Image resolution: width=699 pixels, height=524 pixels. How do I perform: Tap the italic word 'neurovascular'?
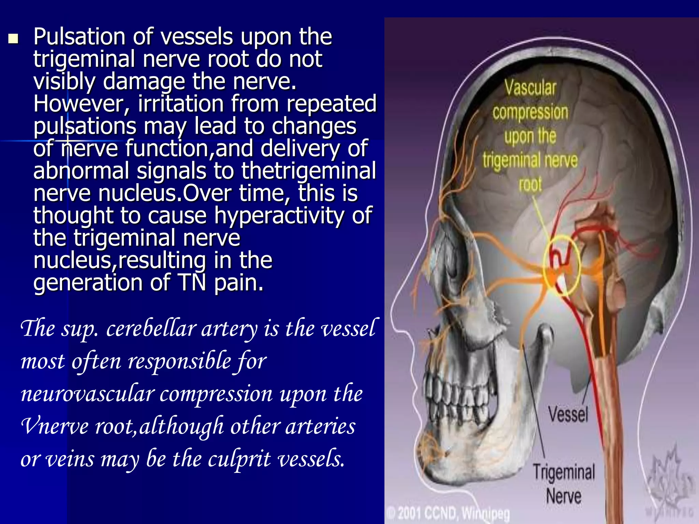[88, 394]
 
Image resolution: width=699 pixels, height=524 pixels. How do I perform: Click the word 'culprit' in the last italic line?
[239, 459]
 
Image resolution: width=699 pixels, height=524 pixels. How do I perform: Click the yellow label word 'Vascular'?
[530, 88]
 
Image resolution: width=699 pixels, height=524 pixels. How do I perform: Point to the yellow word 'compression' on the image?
[530, 112]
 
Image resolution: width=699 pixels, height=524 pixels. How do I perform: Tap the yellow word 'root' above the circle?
[530, 185]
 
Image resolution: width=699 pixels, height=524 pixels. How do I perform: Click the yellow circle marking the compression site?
[561, 265]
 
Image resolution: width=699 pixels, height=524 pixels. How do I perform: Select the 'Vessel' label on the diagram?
[568, 414]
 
